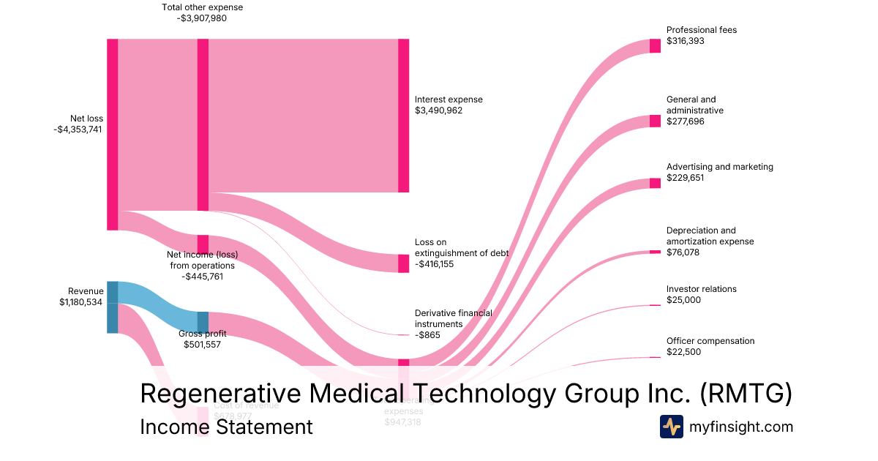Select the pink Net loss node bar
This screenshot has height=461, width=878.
(112, 135)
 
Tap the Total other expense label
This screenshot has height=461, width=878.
(202, 7)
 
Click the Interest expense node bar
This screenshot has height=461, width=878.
(403, 116)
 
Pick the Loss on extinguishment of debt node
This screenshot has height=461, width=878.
(403, 263)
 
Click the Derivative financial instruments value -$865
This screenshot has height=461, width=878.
(427, 334)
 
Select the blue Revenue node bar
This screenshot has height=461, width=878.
(112, 307)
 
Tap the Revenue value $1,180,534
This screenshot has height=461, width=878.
(80, 302)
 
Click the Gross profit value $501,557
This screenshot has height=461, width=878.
(203, 344)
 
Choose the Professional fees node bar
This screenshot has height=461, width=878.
(655, 45)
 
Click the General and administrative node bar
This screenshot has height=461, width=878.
(655, 121)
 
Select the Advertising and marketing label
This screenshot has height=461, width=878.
(719, 167)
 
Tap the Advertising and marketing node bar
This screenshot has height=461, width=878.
(655, 183)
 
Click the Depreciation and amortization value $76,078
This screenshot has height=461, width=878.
(682, 252)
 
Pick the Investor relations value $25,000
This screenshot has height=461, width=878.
(683, 300)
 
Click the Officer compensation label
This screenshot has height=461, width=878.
(710, 341)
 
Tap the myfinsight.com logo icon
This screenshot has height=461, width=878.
(671, 427)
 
